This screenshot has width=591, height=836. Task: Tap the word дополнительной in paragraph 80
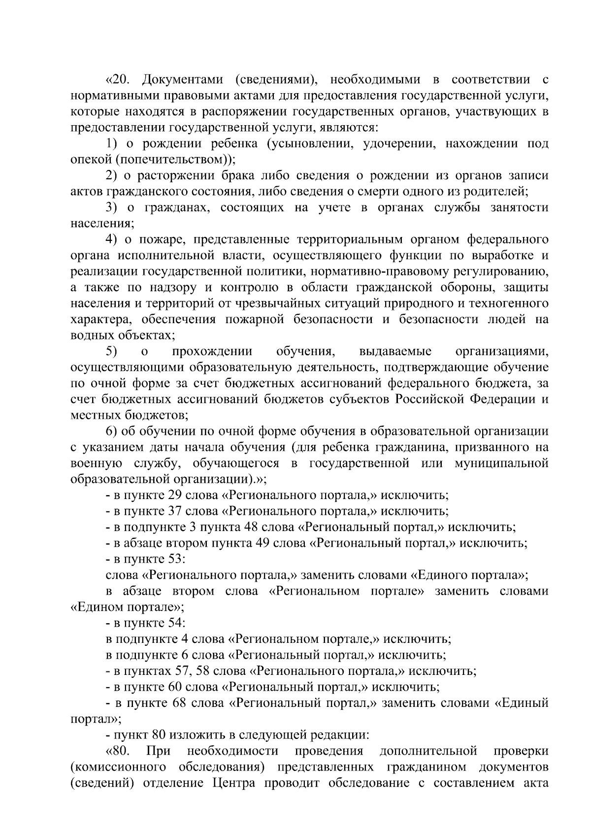coord(428,751)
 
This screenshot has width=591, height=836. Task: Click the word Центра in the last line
coord(233,783)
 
